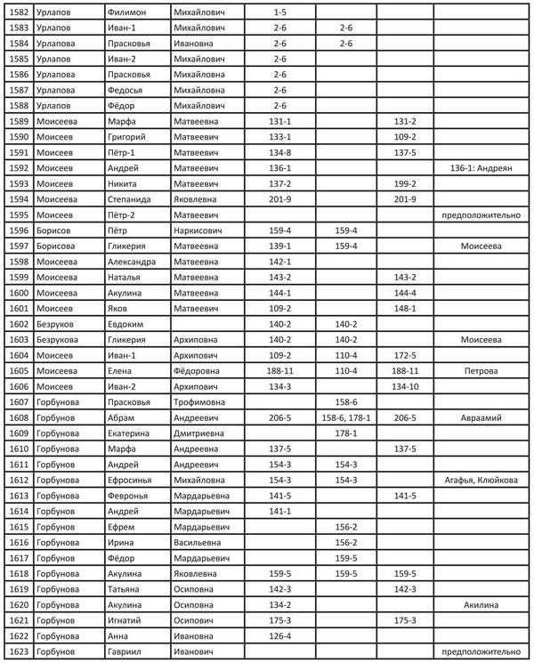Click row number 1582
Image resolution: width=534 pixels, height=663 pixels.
[19, 12]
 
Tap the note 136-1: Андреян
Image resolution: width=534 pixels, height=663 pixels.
[481, 167]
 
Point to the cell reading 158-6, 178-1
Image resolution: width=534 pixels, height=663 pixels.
[346, 416]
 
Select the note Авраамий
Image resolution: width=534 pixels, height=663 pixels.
[481, 416]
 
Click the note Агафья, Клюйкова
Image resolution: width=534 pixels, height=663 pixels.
[481, 479]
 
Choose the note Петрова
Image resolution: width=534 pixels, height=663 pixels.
[481, 370]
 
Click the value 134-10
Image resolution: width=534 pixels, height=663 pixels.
[405, 385]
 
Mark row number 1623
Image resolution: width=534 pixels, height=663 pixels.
[19, 651]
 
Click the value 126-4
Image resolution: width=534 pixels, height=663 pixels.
[279, 635]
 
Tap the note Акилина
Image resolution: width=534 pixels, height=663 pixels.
[481, 604]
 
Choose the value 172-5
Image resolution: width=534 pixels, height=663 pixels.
[405, 354]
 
